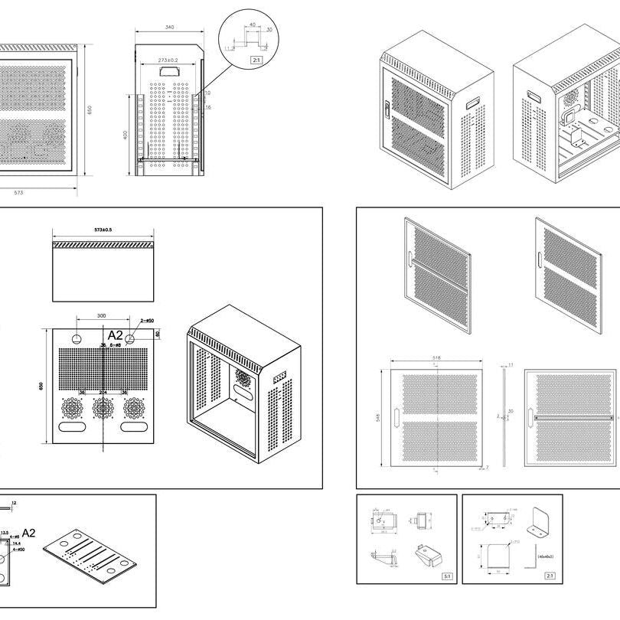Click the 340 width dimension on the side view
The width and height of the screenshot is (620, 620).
point(169,28)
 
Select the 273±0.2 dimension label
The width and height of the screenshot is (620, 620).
point(168,60)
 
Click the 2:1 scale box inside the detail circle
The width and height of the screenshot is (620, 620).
point(254,59)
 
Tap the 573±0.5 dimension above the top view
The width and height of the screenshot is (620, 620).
point(102,230)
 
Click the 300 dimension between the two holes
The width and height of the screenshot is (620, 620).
point(102,315)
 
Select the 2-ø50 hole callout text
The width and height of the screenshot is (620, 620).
point(147,320)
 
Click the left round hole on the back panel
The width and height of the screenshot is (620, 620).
point(78,338)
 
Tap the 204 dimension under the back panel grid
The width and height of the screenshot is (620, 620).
point(103,394)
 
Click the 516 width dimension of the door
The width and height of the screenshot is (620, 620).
point(436,357)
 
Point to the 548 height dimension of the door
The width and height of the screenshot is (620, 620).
point(378,418)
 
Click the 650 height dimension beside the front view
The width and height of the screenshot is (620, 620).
point(89,109)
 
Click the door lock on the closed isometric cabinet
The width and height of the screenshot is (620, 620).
point(388,109)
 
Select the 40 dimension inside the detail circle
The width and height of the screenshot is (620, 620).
point(252,24)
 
